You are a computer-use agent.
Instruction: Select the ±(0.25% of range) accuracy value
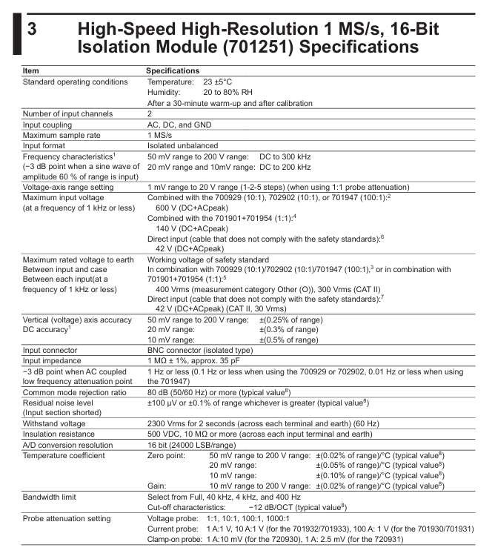coord(290,319)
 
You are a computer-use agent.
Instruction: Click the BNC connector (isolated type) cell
coord(199,351)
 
